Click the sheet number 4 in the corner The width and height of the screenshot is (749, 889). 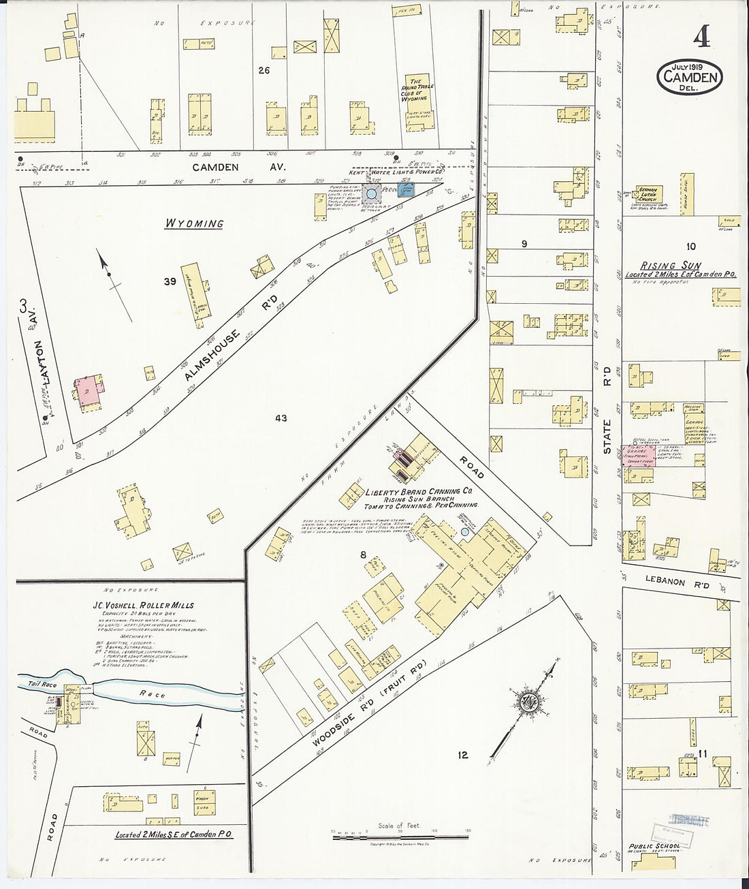701,39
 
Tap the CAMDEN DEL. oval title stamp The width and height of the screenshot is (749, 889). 689,78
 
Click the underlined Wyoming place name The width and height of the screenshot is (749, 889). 195,223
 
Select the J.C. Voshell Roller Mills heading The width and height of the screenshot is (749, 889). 144,605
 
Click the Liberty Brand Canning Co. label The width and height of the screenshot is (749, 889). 422,492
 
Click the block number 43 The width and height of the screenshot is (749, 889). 281,418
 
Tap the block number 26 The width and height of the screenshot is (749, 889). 264,70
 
